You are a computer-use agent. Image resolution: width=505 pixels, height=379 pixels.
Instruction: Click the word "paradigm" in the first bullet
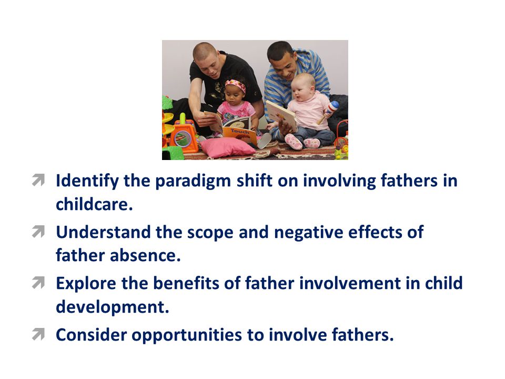tap(193, 182)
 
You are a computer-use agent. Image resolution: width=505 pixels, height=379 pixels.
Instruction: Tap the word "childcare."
tap(94, 204)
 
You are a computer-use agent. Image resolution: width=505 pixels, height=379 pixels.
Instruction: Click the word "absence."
tap(145, 256)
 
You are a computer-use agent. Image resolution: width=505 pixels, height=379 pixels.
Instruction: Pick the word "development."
tap(113, 307)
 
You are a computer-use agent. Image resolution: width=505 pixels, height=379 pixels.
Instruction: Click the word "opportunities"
tap(186, 335)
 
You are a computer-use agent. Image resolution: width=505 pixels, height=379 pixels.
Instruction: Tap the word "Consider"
tap(92, 335)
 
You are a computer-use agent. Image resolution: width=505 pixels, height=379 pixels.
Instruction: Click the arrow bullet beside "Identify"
tap(38, 180)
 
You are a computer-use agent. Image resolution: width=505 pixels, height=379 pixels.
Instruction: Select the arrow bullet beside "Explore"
tap(38, 283)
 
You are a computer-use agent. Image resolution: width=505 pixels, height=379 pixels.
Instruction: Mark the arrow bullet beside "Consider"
tap(38, 334)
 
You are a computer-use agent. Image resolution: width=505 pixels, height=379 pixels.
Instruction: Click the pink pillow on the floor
tap(227, 147)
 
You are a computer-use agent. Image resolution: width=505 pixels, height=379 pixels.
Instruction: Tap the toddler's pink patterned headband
tap(236, 86)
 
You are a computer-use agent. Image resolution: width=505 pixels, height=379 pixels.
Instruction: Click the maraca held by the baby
tap(328, 112)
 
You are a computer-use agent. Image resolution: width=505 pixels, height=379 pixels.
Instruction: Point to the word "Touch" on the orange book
tap(240, 132)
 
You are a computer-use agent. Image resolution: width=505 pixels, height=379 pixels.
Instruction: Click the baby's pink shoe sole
tap(294, 142)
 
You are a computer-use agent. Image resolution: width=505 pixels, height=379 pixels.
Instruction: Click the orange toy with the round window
tap(184, 135)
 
